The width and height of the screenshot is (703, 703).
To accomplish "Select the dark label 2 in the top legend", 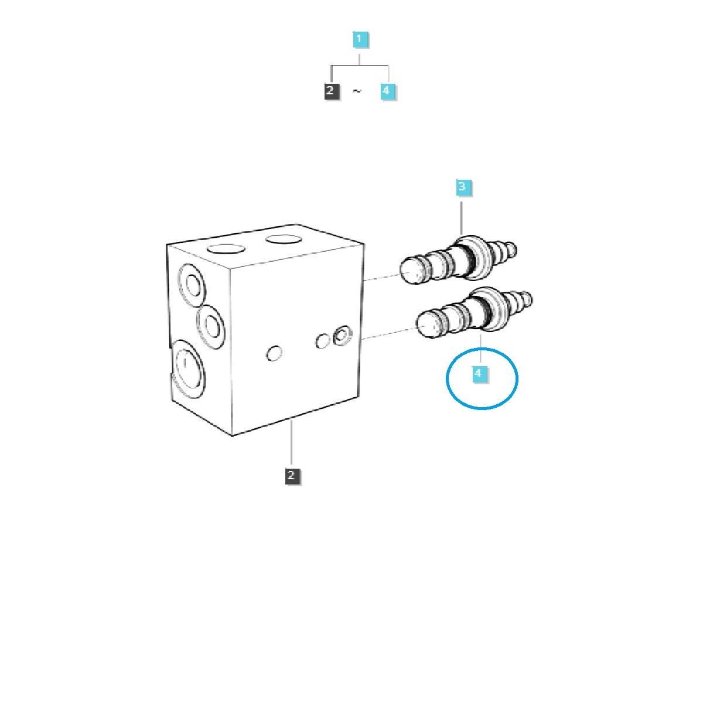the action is click(x=332, y=91).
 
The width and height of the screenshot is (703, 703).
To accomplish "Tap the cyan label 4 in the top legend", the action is click(x=388, y=91).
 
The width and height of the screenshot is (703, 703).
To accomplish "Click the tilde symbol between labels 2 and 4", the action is click(x=357, y=91).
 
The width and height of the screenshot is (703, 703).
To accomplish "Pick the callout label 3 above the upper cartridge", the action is click(x=463, y=187).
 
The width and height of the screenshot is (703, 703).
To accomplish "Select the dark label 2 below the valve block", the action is click(x=292, y=476).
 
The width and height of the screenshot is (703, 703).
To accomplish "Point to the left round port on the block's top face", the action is click(x=226, y=249).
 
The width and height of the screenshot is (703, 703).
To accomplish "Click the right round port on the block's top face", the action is click(x=284, y=240).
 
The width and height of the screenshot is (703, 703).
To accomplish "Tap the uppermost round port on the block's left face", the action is click(x=192, y=285).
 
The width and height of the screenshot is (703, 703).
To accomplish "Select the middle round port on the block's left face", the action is click(x=211, y=326).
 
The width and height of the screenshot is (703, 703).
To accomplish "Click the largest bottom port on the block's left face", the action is click(x=188, y=369).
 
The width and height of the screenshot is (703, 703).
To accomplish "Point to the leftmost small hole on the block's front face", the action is click(x=274, y=353).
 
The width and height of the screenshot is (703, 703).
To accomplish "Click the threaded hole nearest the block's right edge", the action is click(x=342, y=335).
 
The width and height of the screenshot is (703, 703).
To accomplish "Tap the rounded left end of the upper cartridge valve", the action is click(x=414, y=271).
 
